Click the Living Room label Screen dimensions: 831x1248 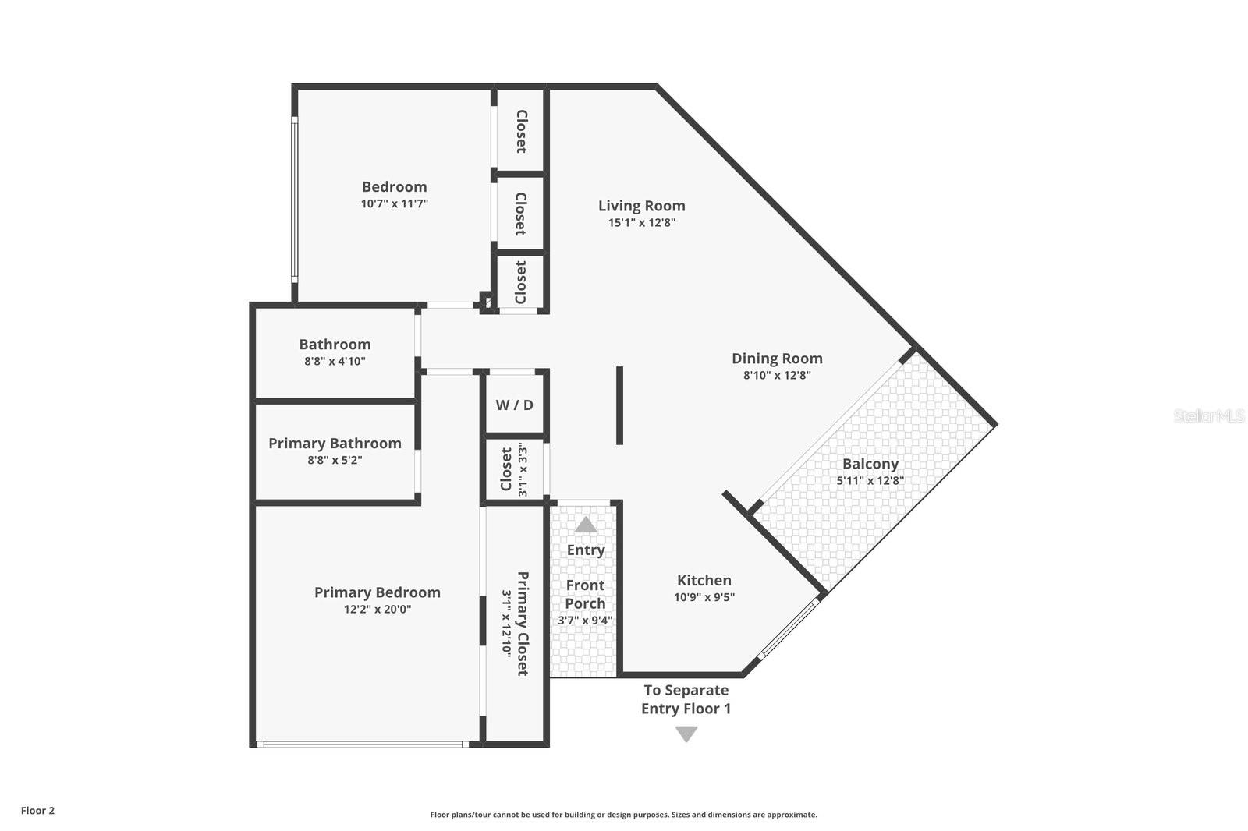[x=641, y=206]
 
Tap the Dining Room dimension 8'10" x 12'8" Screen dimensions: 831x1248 [x=777, y=375]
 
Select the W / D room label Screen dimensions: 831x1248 [x=514, y=405]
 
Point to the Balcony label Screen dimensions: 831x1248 [x=870, y=464]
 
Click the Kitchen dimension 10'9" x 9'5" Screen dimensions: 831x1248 [x=704, y=597]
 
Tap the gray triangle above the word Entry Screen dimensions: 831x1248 [x=586, y=525]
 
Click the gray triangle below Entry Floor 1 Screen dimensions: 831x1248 [x=686, y=734]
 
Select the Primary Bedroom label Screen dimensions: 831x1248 [x=377, y=592]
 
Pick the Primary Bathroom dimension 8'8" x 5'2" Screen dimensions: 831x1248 [x=335, y=460]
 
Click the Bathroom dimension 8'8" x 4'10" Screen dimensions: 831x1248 [x=335, y=361]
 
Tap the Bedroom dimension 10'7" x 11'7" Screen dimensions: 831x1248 [x=394, y=203]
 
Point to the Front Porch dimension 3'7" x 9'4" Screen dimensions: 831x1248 [x=585, y=621]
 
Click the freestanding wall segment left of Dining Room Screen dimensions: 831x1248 [x=619, y=405]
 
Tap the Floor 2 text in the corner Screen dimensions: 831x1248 [x=37, y=810]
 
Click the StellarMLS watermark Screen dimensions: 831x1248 [x=1208, y=415]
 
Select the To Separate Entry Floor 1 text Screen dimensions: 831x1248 [x=686, y=699]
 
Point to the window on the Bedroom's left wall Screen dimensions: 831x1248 [x=294, y=199]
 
